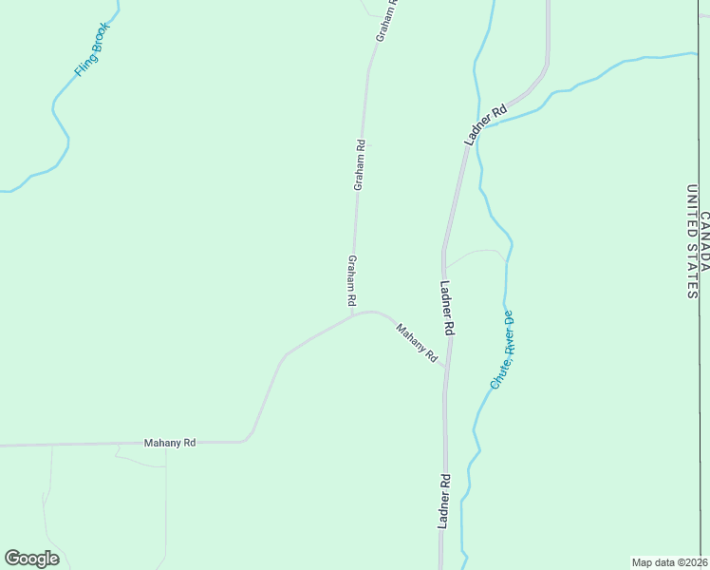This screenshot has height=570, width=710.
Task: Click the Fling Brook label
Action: tap(92, 48)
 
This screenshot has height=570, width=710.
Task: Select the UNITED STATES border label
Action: tap(691, 242)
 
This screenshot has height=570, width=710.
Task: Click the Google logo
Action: tap(32, 559)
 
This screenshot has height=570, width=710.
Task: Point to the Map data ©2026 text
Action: tap(669, 561)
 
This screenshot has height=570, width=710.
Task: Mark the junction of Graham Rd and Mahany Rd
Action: tap(354, 314)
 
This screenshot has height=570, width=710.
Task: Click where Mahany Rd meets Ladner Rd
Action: tap(444, 367)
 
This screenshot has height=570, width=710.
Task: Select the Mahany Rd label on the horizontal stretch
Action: tap(170, 443)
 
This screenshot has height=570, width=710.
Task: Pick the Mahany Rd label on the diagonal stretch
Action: tap(417, 343)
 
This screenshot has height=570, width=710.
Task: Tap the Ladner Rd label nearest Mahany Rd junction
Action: tap(448, 308)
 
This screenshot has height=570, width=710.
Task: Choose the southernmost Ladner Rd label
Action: tap(442, 502)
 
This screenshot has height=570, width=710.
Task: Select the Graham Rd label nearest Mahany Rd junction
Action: tap(352, 280)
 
